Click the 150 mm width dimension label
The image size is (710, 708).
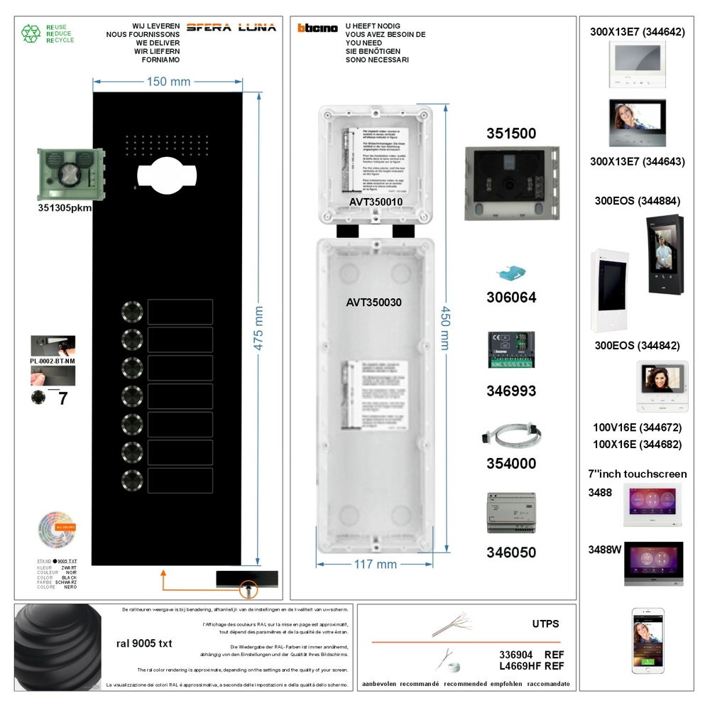168,82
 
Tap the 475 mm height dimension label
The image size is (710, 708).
259,328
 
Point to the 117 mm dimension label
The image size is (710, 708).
376,565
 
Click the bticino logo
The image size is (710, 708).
317,28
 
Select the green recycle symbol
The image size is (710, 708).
31,33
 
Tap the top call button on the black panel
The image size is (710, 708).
132,312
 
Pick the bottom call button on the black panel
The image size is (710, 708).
132,480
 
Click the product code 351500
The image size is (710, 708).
511,134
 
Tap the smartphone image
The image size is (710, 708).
648,640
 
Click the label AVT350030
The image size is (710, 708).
374,303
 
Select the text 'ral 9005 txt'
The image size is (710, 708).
144,643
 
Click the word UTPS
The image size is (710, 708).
545,624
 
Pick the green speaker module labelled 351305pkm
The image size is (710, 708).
70,175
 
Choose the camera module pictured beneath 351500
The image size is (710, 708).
511,183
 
